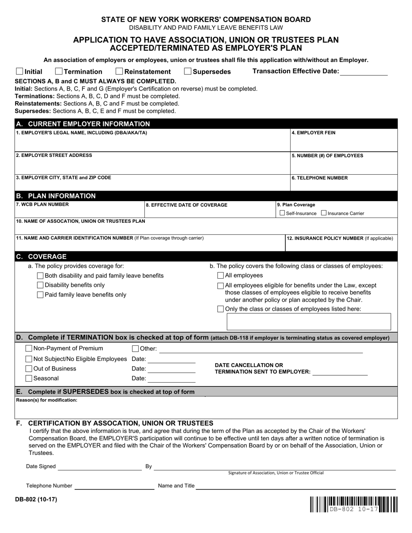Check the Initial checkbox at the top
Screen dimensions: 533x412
(x=20, y=71)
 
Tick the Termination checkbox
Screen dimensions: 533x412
(x=59, y=71)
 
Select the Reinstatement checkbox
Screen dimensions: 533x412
(x=120, y=71)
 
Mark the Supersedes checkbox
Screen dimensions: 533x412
(x=188, y=71)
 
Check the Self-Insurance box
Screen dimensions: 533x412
(x=282, y=213)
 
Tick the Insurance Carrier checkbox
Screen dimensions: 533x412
(x=324, y=213)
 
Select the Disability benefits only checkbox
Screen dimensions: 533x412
(x=40, y=285)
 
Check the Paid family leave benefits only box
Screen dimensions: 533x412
(x=40, y=295)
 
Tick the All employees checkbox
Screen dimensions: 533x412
(x=221, y=275)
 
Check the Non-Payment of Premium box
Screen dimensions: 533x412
(x=29, y=348)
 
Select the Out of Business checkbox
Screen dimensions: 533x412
(x=29, y=369)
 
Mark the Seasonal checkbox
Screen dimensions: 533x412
(x=29, y=378)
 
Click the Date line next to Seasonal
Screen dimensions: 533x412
(x=171, y=379)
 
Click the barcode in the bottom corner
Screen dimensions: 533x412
(x=353, y=504)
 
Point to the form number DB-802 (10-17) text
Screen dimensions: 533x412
(x=36, y=499)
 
